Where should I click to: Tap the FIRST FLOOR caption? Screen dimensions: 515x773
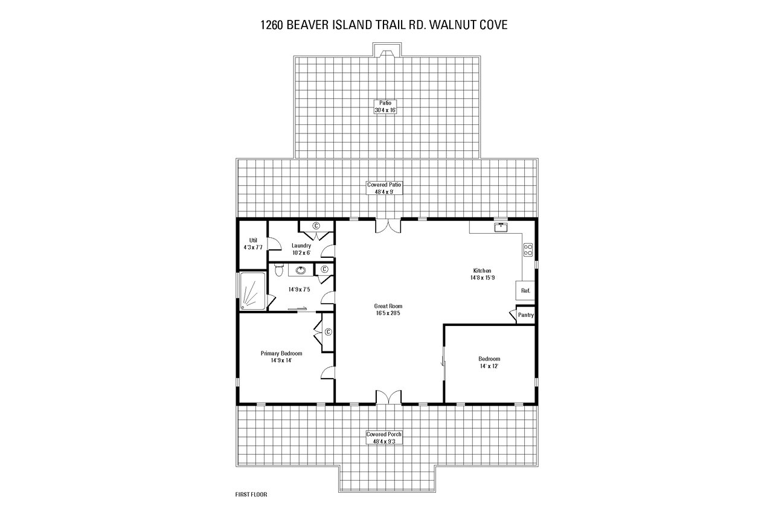[x=251, y=494]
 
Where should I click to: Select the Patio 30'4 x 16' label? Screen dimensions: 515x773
[x=385, y=107]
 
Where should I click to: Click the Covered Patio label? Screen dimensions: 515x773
[x=385, y=188]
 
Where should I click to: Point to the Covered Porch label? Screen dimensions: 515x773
[x=385, y=437]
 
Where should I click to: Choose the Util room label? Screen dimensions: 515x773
[x=253, y=243]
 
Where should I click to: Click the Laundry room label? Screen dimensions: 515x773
[x=301, y=249]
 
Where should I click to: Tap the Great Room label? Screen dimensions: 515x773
[x=388, y=309]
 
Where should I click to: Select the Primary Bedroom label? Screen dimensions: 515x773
[x=281, y=357]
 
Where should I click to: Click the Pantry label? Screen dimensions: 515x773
[x=525, y=315]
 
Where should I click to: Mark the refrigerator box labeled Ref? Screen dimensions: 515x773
[x=525, y=290]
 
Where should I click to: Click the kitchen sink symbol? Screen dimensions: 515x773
[x=501, y=227]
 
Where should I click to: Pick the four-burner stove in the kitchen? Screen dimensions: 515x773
[x=527, y=249]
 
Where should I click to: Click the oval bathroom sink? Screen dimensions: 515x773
[x=300, y=270]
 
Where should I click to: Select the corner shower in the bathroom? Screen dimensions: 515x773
[x=253, y=292]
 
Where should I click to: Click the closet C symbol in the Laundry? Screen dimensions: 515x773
[x=316, y=225]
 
